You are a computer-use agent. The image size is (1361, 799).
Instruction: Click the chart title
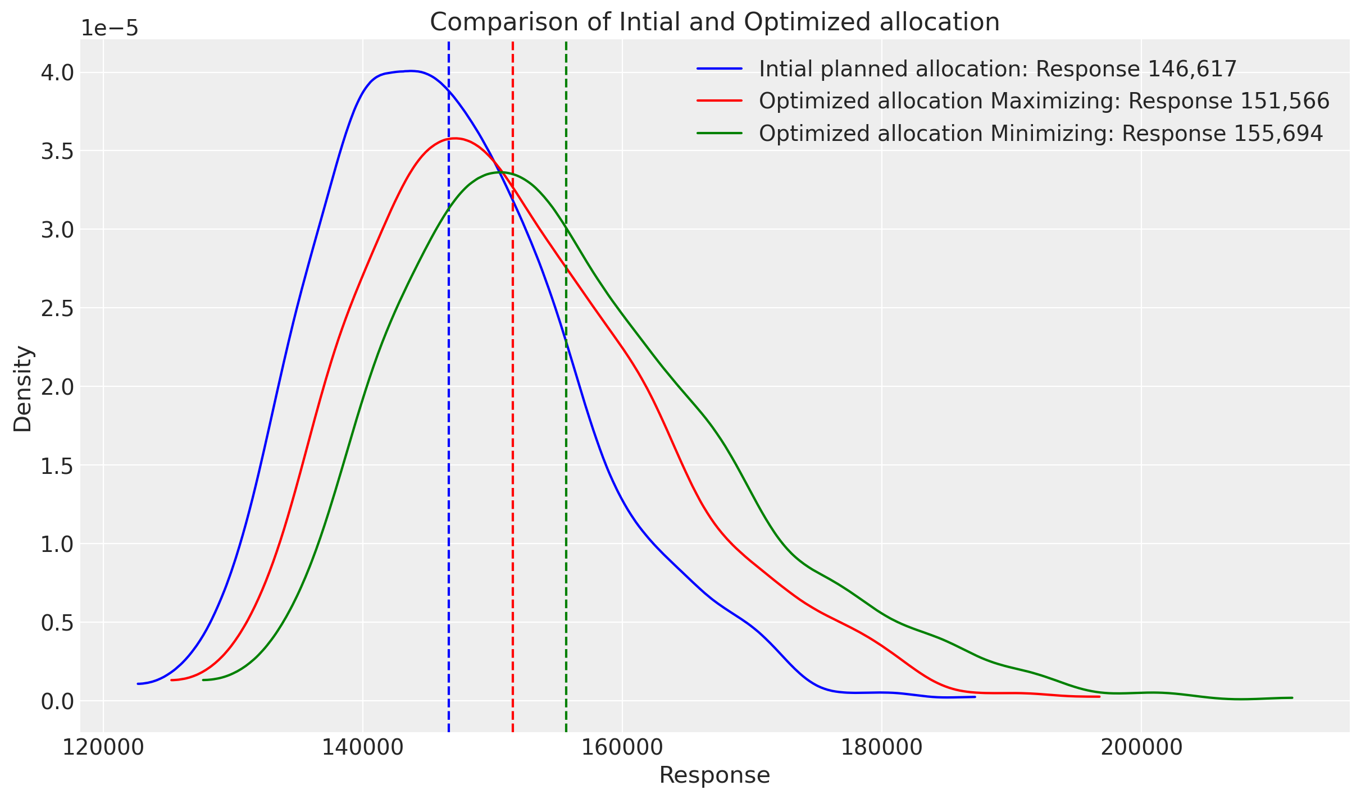tap(714, 22)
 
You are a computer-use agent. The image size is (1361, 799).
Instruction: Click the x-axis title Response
tap(714, 775)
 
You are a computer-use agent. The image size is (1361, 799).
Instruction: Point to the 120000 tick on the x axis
tap(103, 747)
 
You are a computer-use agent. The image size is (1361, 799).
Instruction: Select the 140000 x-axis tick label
tap(363, 747)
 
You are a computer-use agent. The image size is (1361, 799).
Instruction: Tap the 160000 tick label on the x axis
tap(622, 747)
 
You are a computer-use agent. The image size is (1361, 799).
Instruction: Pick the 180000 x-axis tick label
tap(882, 747)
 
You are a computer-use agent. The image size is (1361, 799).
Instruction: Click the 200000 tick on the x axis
tap(1141, 747)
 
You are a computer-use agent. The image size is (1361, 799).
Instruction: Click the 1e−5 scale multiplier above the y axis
tap(110, 28)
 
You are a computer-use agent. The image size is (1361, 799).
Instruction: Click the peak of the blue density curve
tap(411, 71)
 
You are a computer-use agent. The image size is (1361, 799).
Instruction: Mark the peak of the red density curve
tap(454, 138)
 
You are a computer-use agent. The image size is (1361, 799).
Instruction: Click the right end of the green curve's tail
tap(1292, 698)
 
